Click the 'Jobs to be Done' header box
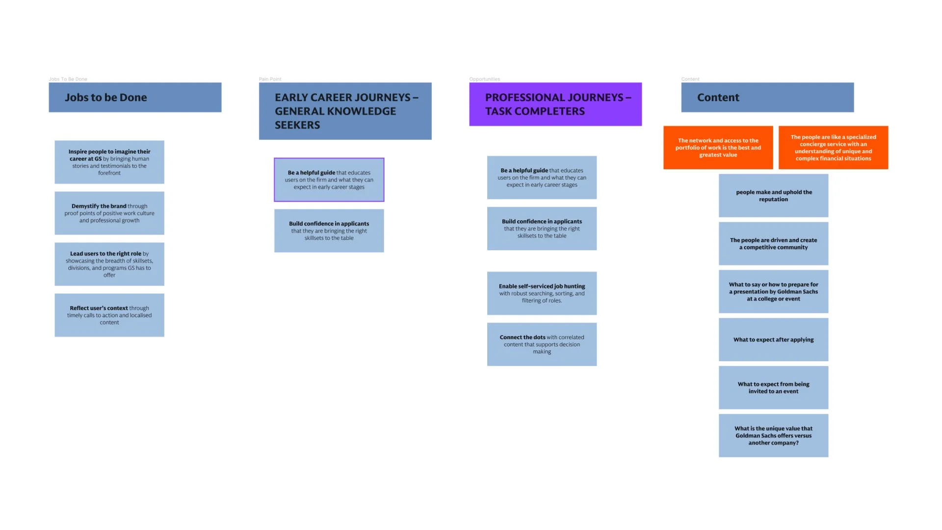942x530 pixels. coord(135,97)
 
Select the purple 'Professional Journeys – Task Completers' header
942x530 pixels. coord(555,104)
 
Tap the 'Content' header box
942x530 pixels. coord(767,97)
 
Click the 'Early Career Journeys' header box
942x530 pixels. coord(345,111)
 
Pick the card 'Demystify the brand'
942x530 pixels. coord(109,213)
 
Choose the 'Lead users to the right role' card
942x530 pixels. coord(109,264)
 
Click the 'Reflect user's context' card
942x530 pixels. coord(109,315)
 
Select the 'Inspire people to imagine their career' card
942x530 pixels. coord(109,162)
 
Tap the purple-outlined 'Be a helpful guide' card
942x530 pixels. coord(329,180)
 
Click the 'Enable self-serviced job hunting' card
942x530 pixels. coord(542,293)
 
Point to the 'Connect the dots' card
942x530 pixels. coord(542,344)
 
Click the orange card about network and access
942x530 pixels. coord(718,147)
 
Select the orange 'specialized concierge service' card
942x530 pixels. coord(833,147)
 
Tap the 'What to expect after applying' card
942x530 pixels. coord(773,340)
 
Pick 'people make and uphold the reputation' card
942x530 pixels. coord(773,195)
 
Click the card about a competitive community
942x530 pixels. coord(773,243)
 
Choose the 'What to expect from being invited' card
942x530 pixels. coord(773,388)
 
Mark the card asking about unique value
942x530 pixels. coord(773,435)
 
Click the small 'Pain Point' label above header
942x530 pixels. coord(270,79)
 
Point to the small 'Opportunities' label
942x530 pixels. coord(484,79)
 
